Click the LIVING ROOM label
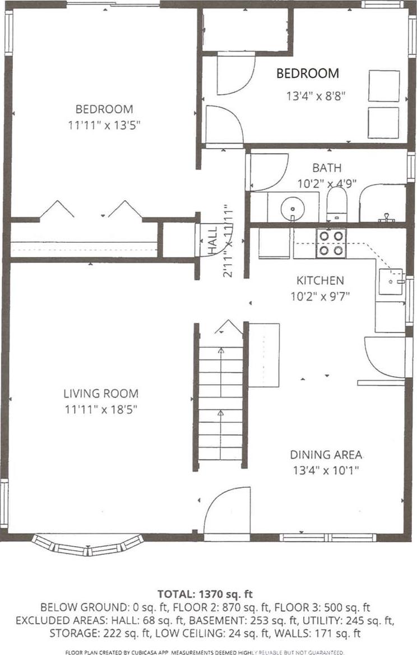coord(101,394)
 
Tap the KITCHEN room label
coord(320,280)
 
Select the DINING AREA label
coord(326,455)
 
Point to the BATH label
coord(327,168)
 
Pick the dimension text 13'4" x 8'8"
coord(316,95)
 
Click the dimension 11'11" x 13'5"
coord(104,124)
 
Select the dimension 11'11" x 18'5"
coord(101,409)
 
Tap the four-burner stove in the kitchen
coord(331,243)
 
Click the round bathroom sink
coord(291,208)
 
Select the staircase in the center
coord(221,404)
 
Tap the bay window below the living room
coord(87,545)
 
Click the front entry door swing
coord(225,511)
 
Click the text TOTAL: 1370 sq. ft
coord(208,593)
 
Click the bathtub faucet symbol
coord(386,217)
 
